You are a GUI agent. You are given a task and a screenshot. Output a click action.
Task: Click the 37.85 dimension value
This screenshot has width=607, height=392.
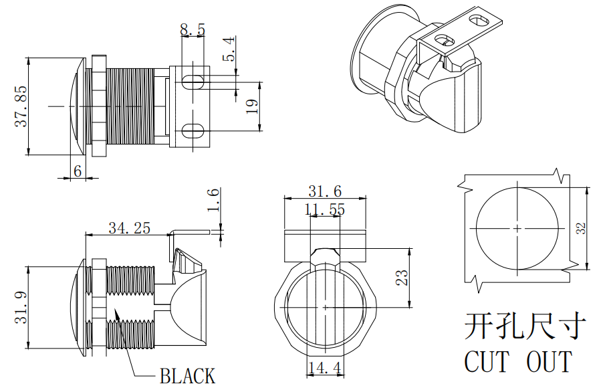[21, 106]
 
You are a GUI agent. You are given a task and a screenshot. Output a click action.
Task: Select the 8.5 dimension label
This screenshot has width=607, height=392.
[193, 29]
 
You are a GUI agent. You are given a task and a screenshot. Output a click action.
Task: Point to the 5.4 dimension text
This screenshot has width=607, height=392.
[229, 50]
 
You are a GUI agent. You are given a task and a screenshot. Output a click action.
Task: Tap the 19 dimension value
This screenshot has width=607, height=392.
[251, 106]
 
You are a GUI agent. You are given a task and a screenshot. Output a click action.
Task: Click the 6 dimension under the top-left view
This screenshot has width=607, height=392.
[78, 171]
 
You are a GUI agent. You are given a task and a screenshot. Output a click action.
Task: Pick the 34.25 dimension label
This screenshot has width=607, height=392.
[130, 228]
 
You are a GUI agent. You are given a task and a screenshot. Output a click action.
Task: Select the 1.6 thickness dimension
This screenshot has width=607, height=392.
[213, 201]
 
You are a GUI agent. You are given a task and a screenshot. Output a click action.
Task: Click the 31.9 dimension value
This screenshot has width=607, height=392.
[21, 307]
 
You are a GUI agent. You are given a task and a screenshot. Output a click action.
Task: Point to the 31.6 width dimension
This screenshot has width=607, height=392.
[325, 191]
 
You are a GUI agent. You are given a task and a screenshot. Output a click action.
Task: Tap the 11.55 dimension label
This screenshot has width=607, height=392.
[325, 209]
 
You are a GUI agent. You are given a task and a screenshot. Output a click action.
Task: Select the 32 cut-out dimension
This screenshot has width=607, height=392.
[581, 228]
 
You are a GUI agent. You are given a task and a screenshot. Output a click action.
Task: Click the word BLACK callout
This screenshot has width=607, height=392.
[187, 376]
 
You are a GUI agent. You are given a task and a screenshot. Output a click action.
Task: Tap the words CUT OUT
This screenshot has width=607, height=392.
[518, 362]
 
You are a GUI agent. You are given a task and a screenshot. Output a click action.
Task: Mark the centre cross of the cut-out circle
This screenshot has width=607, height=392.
[517, 228]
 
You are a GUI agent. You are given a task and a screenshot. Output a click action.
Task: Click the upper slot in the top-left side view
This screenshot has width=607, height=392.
[193, 82]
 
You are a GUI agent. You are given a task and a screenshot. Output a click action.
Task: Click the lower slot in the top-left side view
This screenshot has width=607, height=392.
[193, 130]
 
